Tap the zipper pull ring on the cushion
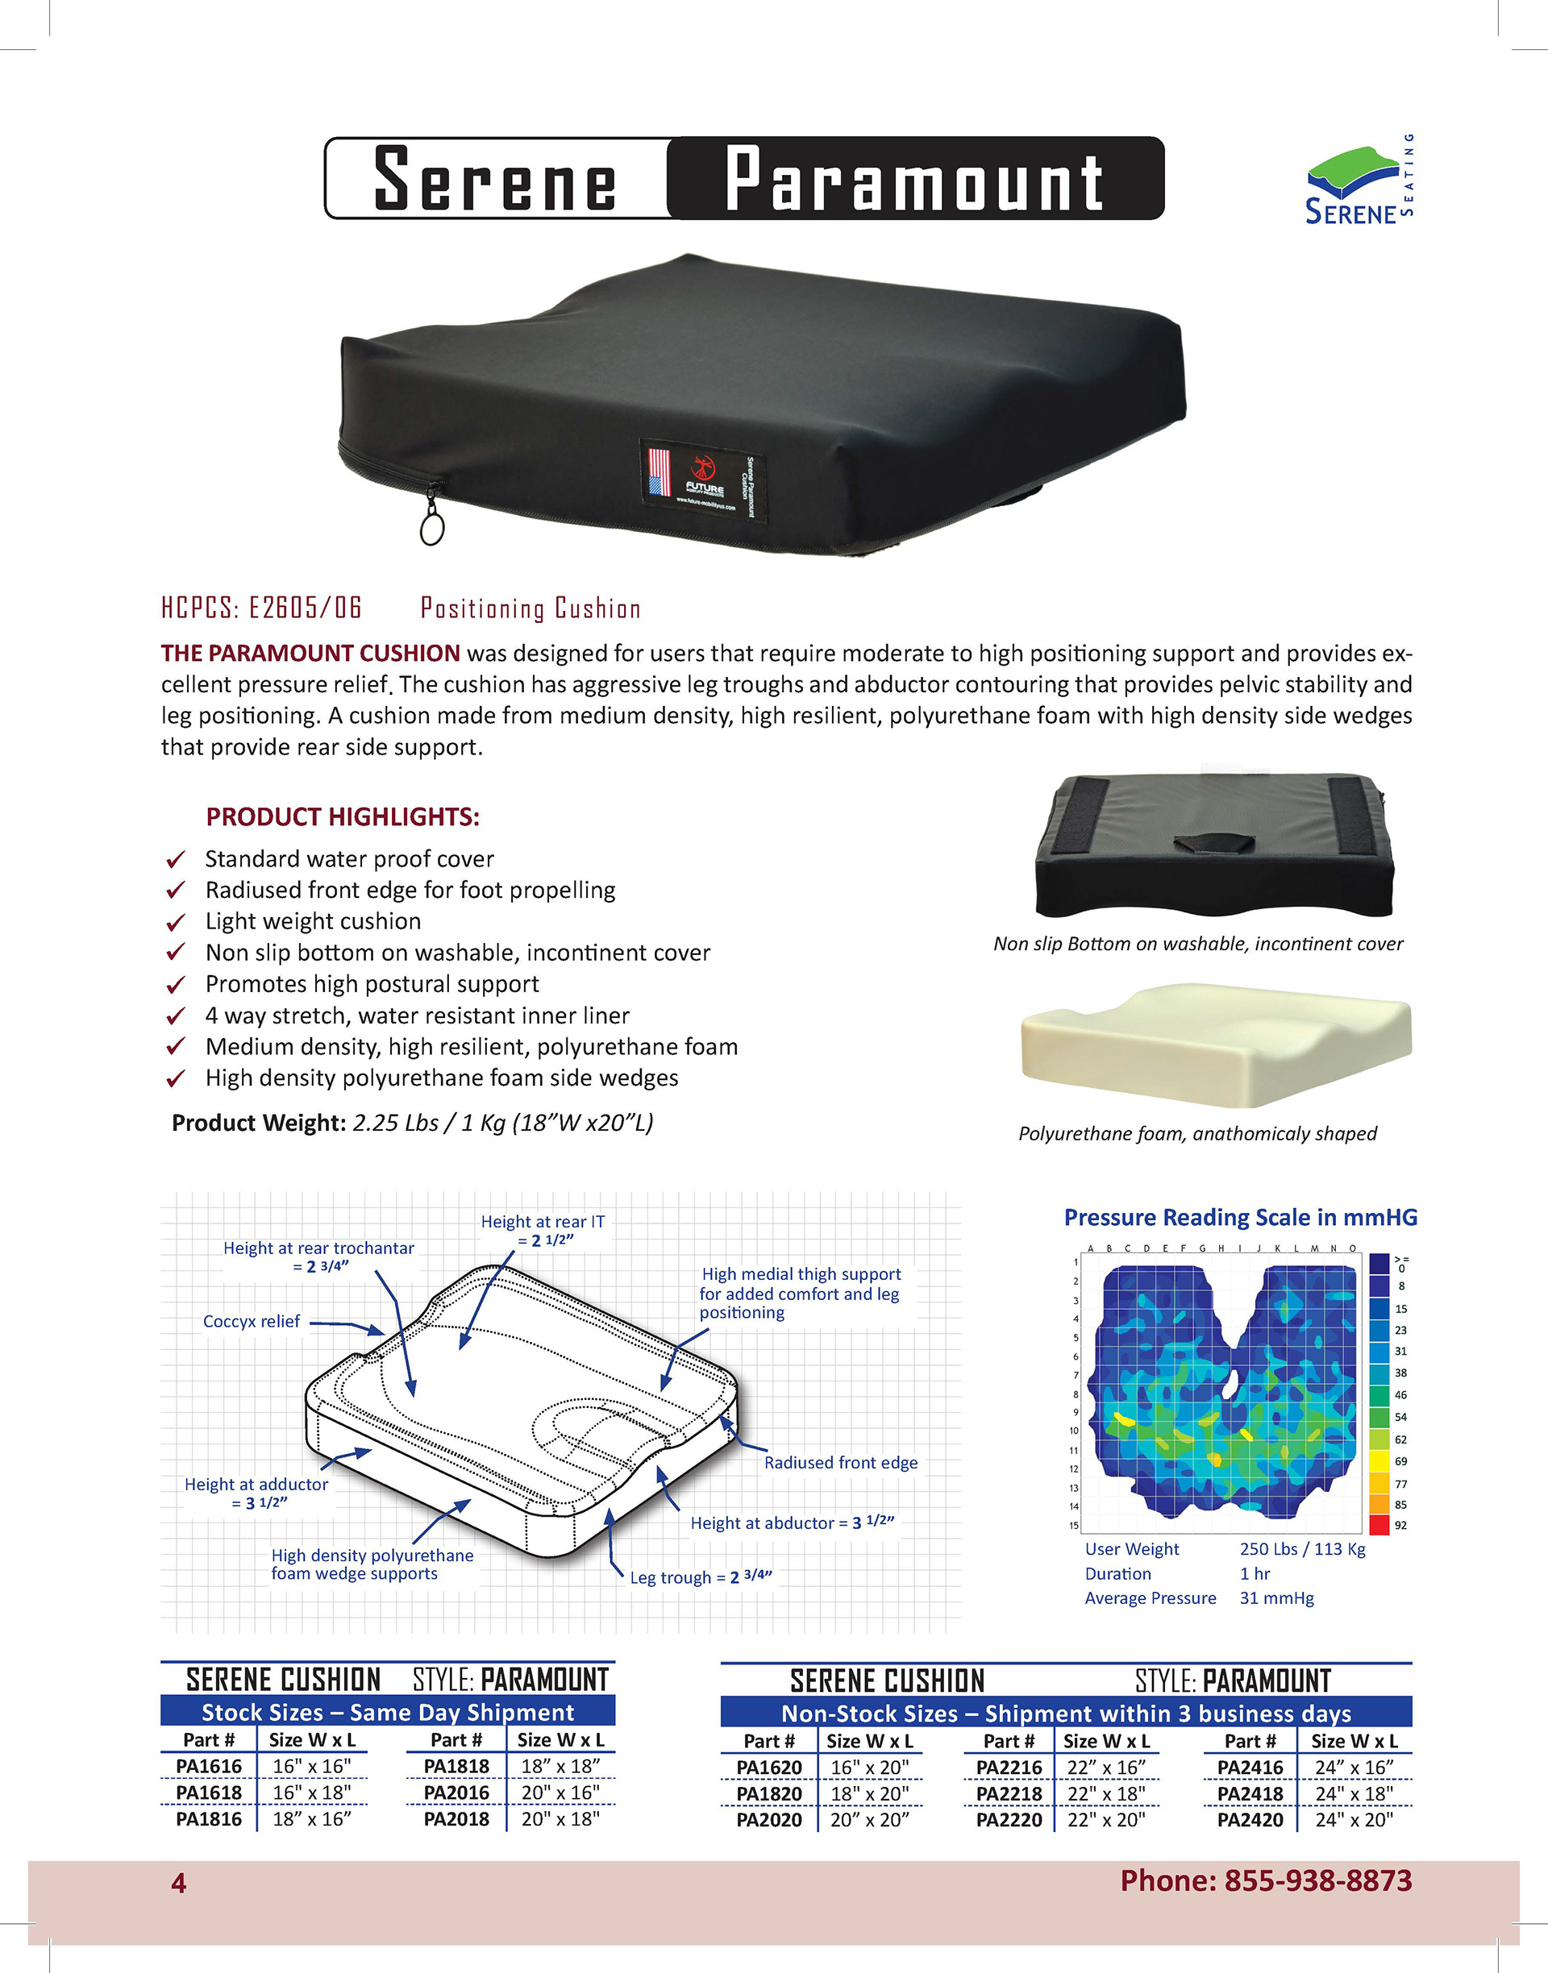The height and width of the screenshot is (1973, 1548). (x=432, y=526)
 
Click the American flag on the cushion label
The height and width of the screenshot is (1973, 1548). (x=659, y=472)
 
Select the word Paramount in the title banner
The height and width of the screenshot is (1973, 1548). (x=913, y=178)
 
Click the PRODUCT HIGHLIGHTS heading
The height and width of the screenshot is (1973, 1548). (x=343, y=817)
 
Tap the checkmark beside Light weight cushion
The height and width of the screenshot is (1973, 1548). (x=176, y=922)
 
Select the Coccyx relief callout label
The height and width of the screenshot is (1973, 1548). (x=251, y=1322)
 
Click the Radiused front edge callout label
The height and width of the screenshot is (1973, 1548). (x=840, y=1463)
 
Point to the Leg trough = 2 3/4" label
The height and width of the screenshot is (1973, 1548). (x=701, y=1577)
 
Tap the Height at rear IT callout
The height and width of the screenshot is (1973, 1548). (x=542, y=1231)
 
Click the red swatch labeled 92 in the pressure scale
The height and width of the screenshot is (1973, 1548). (x=1379, y=1526)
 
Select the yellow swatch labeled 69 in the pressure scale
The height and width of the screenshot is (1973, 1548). (x=1379, y=1461)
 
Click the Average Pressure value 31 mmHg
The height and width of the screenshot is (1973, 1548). (x=1276, y=1598)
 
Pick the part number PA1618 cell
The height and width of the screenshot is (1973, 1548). (x=209, y=1792)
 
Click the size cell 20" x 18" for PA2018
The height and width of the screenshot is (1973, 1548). (x=560, y=1819)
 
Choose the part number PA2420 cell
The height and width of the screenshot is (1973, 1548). (x=1250, y=1820)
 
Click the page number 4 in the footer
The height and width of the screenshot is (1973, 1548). (x=178, y=1884)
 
